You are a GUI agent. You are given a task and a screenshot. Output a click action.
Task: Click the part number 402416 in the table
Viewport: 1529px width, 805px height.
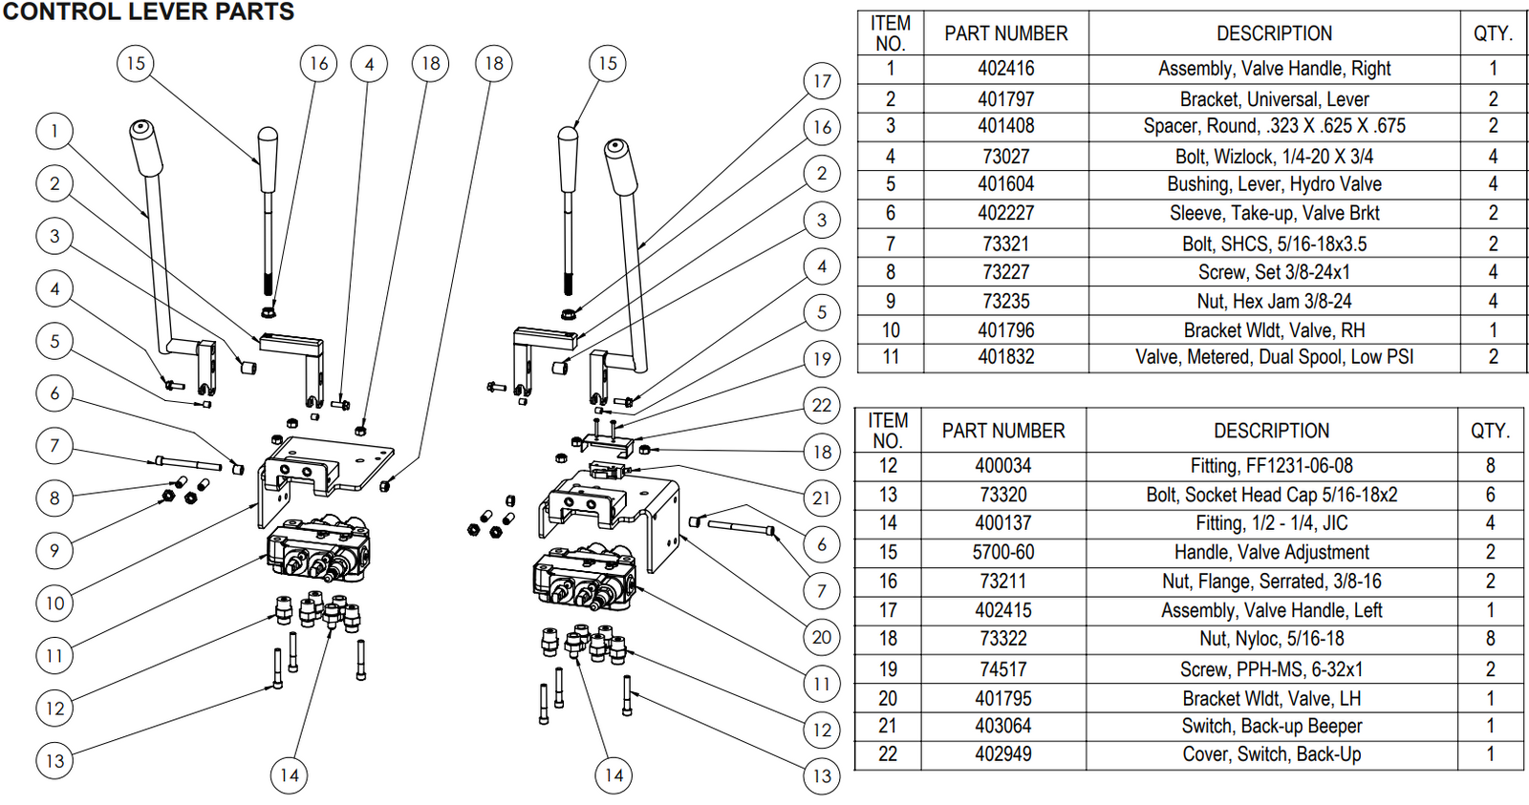coord(1005,69)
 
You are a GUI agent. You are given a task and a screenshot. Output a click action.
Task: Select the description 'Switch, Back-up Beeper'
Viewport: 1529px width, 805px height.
coord(1271,726)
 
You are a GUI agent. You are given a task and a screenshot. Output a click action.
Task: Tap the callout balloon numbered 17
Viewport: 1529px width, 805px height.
coord(822,81)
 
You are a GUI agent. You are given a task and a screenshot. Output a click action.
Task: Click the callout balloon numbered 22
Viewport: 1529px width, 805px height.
coord(822,405)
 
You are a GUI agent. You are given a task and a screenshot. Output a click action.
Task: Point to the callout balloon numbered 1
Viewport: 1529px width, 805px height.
coord(54,131)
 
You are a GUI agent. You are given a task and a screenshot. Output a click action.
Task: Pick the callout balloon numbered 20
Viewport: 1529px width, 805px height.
coord(822,637)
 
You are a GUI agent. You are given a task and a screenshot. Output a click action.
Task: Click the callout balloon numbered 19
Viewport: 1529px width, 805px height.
coord(822,359)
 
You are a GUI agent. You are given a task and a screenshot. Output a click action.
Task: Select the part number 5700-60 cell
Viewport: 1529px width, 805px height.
coord(1002,552)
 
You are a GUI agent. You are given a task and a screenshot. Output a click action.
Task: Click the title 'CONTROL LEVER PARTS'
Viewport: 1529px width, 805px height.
coord(148,12)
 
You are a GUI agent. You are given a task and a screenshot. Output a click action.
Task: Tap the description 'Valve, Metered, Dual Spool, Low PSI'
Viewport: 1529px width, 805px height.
coord(1273,357)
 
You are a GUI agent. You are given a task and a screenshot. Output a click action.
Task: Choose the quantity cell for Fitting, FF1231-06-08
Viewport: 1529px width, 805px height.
coord(1490,466)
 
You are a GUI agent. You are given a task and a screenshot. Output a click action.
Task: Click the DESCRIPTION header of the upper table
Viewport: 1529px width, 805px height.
coord(1273,33)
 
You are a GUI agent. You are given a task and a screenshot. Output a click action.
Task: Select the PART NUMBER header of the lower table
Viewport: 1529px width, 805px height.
coord(1002,431)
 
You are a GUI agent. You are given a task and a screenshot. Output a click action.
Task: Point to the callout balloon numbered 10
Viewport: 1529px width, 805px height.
coord(54,604)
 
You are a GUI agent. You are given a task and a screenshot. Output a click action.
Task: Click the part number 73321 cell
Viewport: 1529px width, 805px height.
coord(1005,244)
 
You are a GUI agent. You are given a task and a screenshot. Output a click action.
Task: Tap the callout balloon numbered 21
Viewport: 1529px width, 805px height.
coord(822,498)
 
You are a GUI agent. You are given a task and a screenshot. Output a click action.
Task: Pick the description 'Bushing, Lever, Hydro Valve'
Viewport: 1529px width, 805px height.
coord(1273,184)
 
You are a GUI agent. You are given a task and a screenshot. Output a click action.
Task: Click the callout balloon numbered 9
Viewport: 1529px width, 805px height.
coord(54,550)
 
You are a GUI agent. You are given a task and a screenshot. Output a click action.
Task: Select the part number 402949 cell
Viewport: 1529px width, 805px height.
coord(1002,754)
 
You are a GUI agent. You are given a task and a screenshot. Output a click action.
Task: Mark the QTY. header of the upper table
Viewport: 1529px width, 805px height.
coord(1492,33)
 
